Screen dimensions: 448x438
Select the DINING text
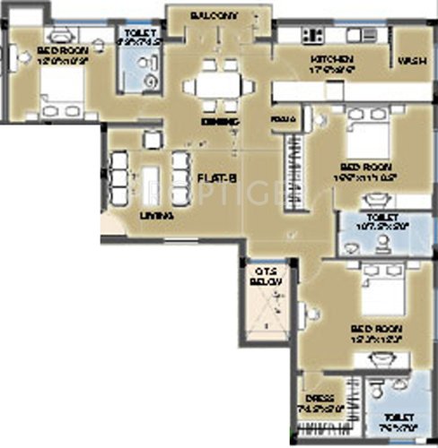click(218, 121)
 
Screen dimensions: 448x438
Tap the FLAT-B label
click(216, 178)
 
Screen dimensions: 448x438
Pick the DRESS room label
click(320, 398)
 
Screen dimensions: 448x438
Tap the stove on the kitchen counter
click(314, 36)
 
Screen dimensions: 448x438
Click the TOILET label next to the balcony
click(142, 40)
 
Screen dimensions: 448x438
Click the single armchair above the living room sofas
click(147, 136)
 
